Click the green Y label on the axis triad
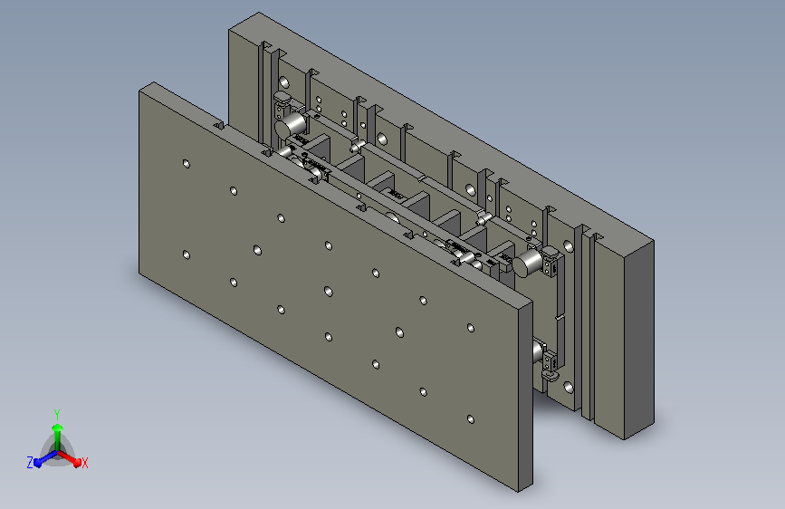[57, 415]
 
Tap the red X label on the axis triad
[84, 463]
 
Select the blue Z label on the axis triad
[30, 463]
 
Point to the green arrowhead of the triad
[58, 428]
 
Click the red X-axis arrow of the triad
[70, 458]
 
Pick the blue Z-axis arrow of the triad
[46, 458]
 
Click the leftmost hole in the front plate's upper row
[187, 164]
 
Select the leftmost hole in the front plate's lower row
[187, 255]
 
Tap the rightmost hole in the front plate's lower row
[471, 418]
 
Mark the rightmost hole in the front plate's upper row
[471, 328]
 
